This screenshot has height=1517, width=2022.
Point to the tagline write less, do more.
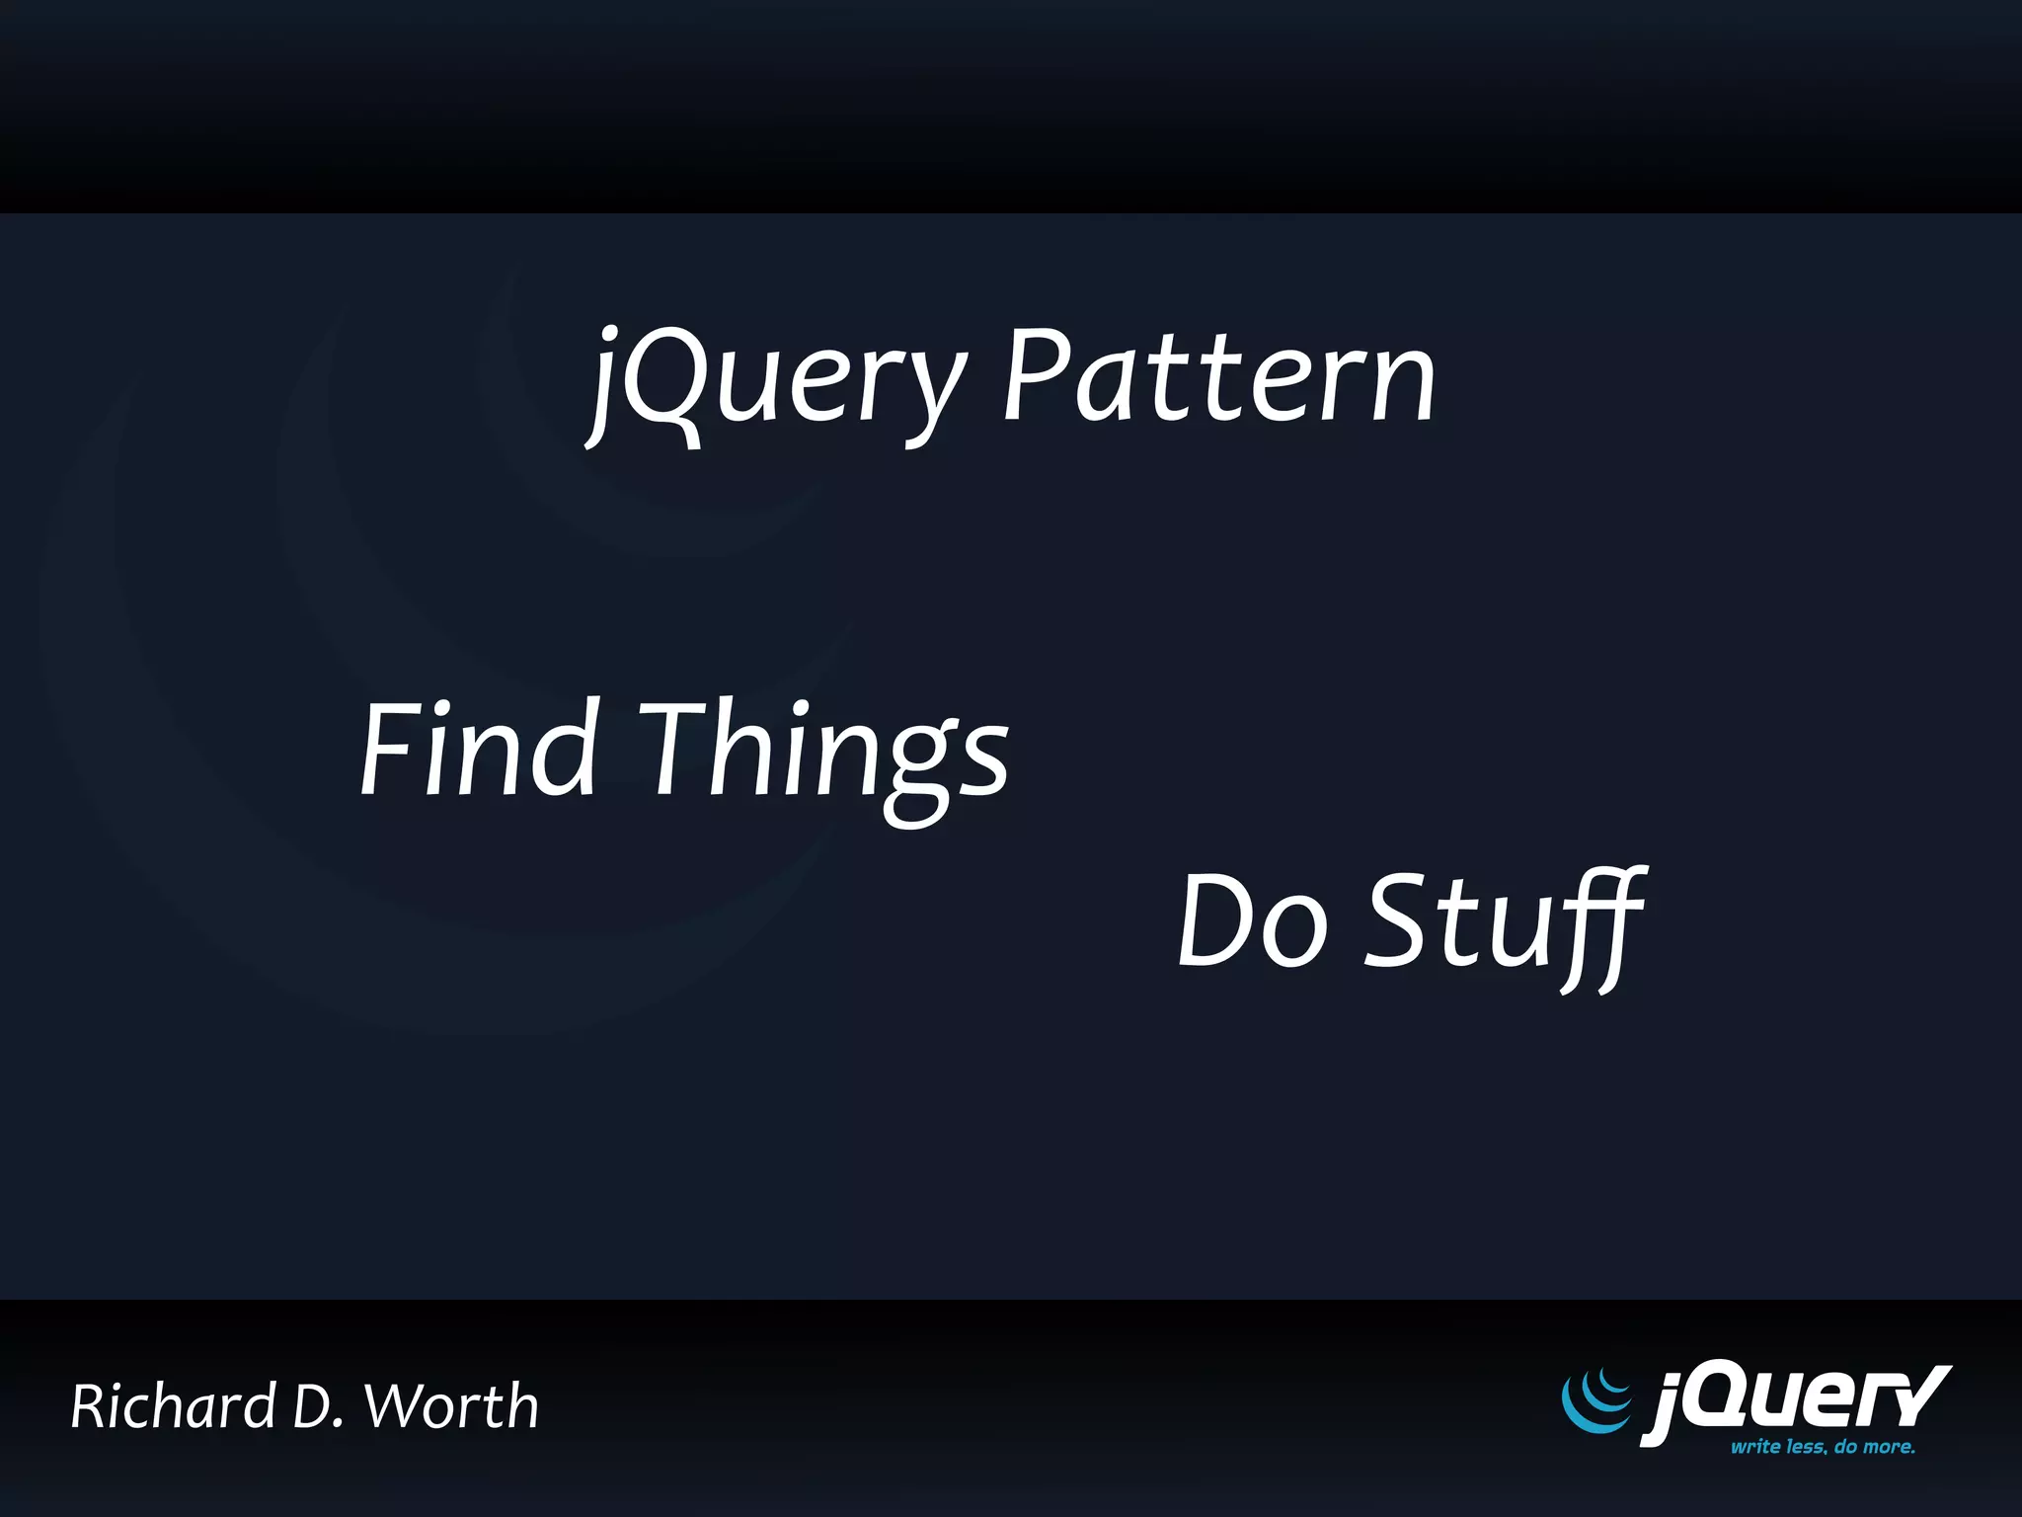pyautogui.click(x=1823, y=1447)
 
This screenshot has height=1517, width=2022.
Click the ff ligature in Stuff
pyautogui.click(x=1599, y=923)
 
